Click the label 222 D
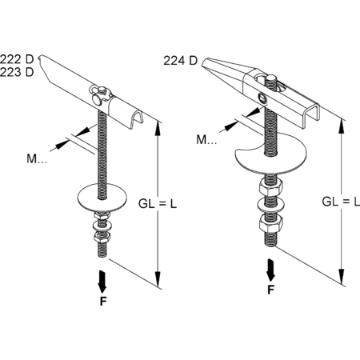coord(17,59)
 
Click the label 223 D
coord(17,72)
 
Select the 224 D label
coord(180,61)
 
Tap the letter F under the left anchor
coord(103,302)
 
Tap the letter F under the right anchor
coord(271,290)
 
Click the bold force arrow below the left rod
coord(102,282)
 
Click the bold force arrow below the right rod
coord(270,270)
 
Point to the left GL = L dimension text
coord(158,204)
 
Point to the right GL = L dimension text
coord(341,202)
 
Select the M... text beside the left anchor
coord(37,159)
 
